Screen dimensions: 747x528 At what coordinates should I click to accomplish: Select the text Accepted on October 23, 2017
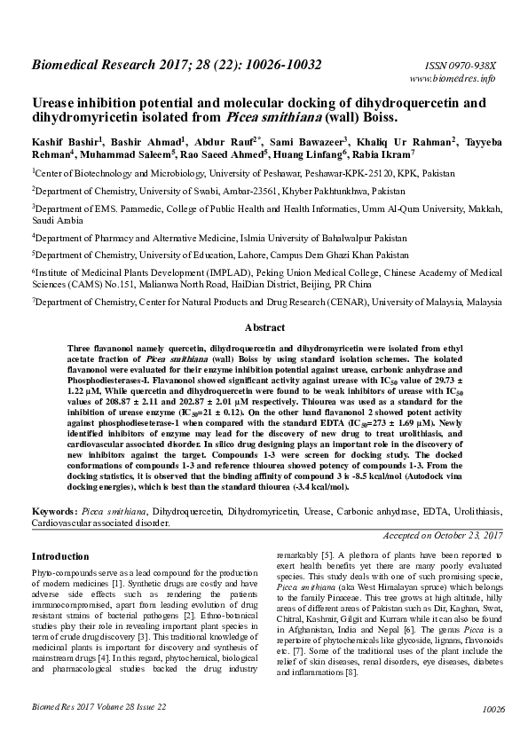pyautogui.click(x=443, y=536)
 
